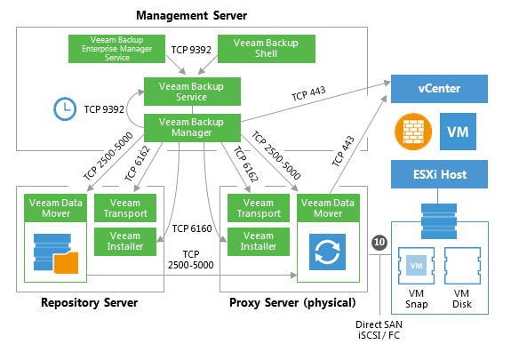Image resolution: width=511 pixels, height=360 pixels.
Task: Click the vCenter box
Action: tap(439, 89)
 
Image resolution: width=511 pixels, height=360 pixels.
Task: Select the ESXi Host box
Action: tap(439, 174)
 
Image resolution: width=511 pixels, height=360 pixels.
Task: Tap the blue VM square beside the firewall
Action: tap(458, 132)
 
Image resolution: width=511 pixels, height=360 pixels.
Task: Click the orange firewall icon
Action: tap(413, 132)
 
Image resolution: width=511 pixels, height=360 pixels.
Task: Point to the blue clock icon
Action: tap(65, 108)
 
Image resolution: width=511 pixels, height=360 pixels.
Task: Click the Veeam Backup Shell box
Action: tap(267, 49)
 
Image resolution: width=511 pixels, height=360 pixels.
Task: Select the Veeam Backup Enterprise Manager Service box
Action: tap(116, 49)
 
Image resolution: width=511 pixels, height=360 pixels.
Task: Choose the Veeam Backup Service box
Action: tap(192, 92)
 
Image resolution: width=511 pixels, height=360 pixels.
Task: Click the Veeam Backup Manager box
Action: tap(192, 127)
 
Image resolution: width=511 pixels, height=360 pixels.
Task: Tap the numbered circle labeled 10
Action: tap(379, 243)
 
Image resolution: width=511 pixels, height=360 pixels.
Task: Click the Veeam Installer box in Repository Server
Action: tap(125, 241)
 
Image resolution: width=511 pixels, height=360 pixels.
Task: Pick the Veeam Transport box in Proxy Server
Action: tap(259, 208)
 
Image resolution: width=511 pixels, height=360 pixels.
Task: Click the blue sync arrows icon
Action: tap(327, 252)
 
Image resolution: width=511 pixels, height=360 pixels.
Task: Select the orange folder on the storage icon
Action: tap(66, 262)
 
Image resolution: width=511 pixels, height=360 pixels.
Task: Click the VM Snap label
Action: tap(416, 299)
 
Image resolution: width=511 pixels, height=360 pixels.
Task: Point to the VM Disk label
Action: tap(462, 299)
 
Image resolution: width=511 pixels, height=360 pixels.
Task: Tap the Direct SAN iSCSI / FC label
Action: tap(379, 330)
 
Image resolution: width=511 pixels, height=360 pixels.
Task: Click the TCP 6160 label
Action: tap(192, 228)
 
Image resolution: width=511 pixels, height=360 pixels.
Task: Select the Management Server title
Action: tap(192, 15)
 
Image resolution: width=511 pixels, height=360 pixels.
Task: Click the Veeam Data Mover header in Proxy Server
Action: tap(328, 208)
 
